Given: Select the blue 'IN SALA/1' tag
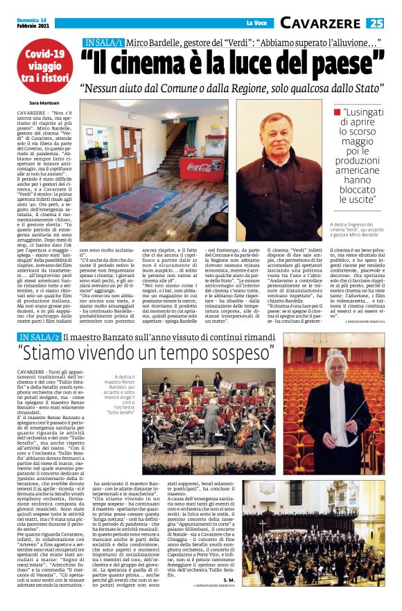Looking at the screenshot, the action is click(x=103, y=42).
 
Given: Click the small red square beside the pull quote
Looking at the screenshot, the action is click(x=338, y=112).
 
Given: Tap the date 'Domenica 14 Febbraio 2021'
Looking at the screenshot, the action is click(x=35, y=23).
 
